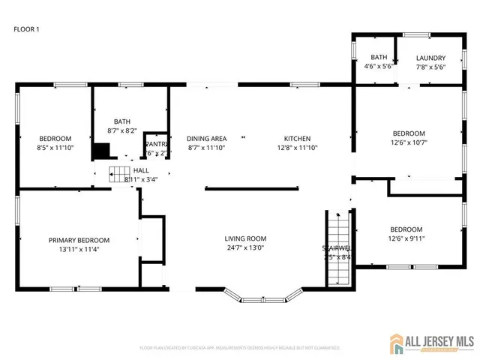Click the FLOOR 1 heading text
tap(26, 29)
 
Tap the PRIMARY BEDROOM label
tap(79, 240)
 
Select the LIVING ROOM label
tap(245, 238)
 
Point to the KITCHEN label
tap(296, 138)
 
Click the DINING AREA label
tap(206, 138)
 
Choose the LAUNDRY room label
tap(430, 58)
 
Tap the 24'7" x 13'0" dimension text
tap(245, 248)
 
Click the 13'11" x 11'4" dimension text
tap(79, 250)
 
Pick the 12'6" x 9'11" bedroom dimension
tap(406, 239)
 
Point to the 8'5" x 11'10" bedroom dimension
tap(55, 148)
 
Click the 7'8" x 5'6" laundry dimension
tap(430, 67)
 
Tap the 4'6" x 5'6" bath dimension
tap(378, 67)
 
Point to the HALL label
tap(141, 171)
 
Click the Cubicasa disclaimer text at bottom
tap(239, 348)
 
